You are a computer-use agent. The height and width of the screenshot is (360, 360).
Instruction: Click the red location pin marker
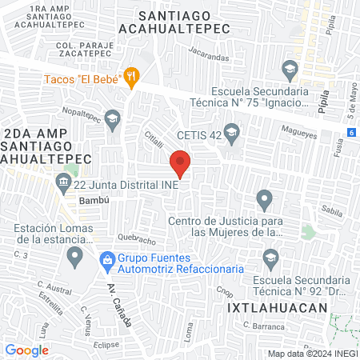[x=181, y=163]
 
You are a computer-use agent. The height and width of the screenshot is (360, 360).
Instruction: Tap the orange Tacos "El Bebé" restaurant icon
[x=133, y=78]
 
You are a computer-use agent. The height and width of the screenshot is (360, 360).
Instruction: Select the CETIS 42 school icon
[x=232, y=132]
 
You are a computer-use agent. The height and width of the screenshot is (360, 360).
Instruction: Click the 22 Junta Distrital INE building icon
[x=62, y=183]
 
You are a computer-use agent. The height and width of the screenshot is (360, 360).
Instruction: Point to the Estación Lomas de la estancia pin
[x=75, y=257]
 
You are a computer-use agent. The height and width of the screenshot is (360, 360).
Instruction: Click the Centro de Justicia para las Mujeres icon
[x=264, y=199]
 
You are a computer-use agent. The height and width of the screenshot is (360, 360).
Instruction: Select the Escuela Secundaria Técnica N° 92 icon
[x=270, y=257]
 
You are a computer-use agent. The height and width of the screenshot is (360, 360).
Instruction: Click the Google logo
[x=27, y=350]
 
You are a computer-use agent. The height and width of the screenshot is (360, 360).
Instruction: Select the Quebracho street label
[x=134, y=238]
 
